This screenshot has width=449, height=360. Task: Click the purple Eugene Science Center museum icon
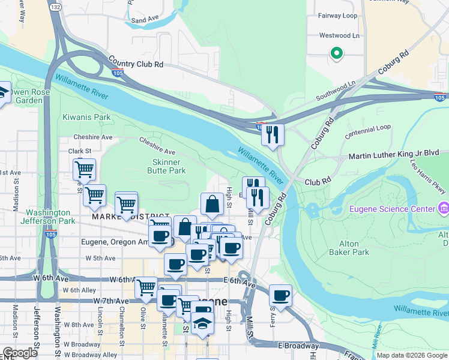(x=444, y=209)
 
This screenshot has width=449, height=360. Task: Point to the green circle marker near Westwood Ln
(x=337, y=53)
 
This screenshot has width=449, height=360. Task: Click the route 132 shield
(x=56, y=7)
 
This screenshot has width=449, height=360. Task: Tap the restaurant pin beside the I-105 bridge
(x=273, y=134)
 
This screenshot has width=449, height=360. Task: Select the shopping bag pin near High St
(x=212, y=205)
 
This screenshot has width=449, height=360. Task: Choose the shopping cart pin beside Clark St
(x=85, y=170)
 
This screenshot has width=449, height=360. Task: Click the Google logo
(x=20, y=353)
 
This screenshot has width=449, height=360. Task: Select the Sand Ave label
(x=143, y=20)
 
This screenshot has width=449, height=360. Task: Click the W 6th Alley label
(x=79, y=290)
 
